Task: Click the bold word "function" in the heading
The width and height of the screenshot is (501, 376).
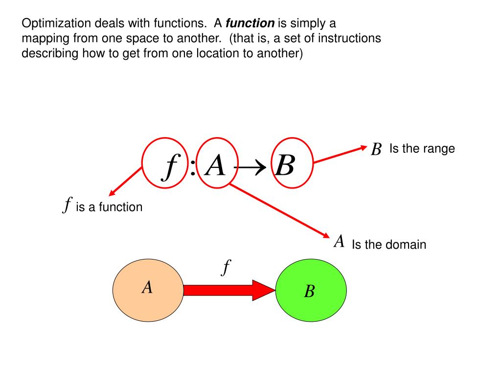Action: [250, 23]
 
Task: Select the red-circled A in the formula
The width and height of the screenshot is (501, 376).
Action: [215, 166]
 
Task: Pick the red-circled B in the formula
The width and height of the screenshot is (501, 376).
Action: [285, 166]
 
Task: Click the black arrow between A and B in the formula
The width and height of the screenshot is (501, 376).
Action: [250, 167]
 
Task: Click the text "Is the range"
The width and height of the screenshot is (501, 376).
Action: [422, 148]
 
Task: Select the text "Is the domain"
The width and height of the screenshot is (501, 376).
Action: [389, 244]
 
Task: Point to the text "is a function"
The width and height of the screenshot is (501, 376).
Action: [109, 207]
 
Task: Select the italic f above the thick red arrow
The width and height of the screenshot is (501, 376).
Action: [226, 268]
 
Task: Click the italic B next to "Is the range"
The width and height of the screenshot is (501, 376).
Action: [376, 149]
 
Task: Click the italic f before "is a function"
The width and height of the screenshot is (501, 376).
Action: [68, 205]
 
